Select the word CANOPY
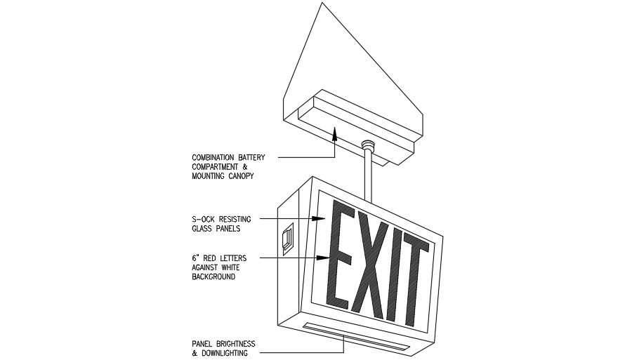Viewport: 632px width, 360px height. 240,176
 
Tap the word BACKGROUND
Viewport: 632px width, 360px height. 213,277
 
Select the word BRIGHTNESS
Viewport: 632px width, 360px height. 232,344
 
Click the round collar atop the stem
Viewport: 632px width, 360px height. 367,145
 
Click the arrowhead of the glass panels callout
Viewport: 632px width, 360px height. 320,220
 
